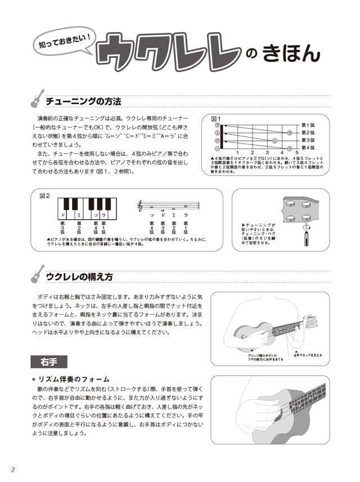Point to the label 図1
pos(215,119)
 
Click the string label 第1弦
pos(308,124)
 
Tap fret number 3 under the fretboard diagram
pos(267,153)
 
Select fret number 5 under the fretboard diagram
pos(296,153)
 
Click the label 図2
pos(44,196)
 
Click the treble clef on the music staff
pos(140,207)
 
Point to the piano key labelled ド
pos(63,216)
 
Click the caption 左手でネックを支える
pos(307,355)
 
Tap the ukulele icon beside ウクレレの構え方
pos(38,274)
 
